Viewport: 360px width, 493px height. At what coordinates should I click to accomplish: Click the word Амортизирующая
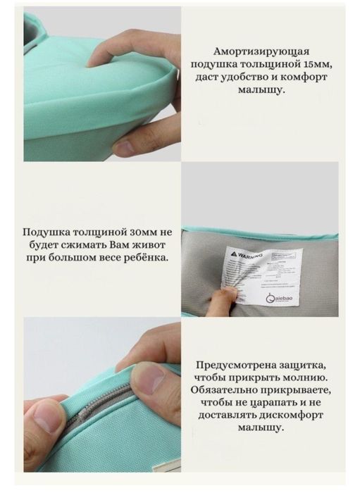(261, 52)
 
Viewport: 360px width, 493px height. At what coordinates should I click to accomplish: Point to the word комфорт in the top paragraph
(304, 77)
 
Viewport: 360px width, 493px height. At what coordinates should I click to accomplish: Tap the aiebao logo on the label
(282, 299)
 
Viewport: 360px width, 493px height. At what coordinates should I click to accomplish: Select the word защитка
(305, 365)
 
